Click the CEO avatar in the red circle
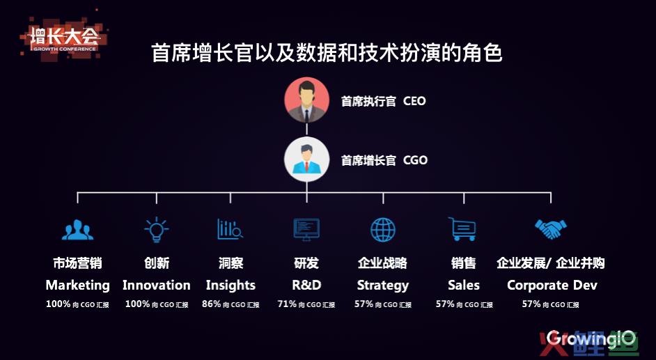tap(306, 100)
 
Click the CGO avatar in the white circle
tap(306, 159)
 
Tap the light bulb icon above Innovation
tap(157, 230)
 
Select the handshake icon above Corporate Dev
tap(551, 228)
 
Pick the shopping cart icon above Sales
tap(462, 229)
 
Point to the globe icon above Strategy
tap(383, 230)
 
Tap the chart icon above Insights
tap(230, 229)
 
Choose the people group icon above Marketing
tap(77, 230)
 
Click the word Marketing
tap(78, 285)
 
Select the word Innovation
tap(157, 285)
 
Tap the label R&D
tap(306, 285)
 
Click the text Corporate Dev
tap(552, 285)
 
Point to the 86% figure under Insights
tap(211, 304)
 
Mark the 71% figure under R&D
tap(287, 304)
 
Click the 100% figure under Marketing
tap(58, 304)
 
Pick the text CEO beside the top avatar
tap(414, 101)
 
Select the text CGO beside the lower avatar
tap(416, 160)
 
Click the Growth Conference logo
tap(63, 39)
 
